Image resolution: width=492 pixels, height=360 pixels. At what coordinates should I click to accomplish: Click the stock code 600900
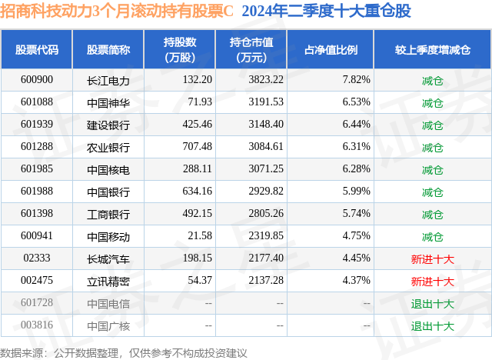click(x=37, y=80)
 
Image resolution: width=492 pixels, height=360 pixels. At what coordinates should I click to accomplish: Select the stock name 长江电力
click(x=108, y=80)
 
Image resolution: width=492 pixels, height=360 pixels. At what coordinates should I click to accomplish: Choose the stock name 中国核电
click(x=108, y=169)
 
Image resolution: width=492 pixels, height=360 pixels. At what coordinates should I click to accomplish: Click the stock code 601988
click(x=37, y=192)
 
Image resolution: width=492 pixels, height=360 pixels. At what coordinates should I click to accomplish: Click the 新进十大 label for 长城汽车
click(x=432, y=258)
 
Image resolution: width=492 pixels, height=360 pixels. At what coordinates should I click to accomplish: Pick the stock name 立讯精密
click(x=108, y=281)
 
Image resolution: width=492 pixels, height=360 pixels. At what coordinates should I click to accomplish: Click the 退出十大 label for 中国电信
click(x=432, y=303)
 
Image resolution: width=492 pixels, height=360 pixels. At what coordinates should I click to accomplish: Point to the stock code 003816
click(x=37, y=325)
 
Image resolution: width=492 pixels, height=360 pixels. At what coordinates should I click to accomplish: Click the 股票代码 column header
click(x=37, y=50)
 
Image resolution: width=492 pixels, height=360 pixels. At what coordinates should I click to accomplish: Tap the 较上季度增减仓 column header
click(x=432, y=50)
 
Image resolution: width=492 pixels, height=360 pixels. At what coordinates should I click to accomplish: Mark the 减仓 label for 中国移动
click(x=432, y=236)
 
